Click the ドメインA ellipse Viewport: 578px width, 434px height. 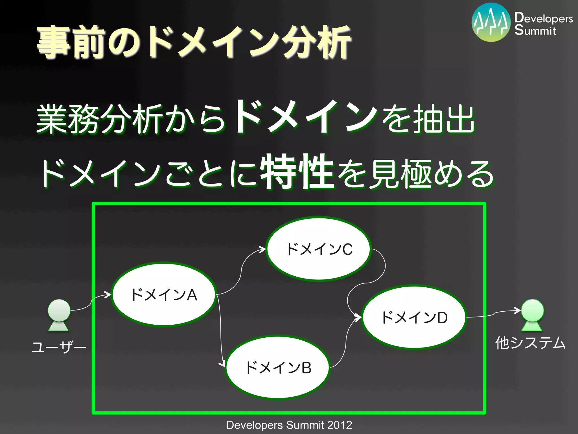point(164,294)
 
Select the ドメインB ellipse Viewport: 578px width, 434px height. point(278,367)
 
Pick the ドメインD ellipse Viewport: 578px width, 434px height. point(414,317)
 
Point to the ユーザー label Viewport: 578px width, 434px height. point(59,347)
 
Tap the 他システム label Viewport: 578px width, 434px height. point(531,343)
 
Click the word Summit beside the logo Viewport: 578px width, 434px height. point(535,31)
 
